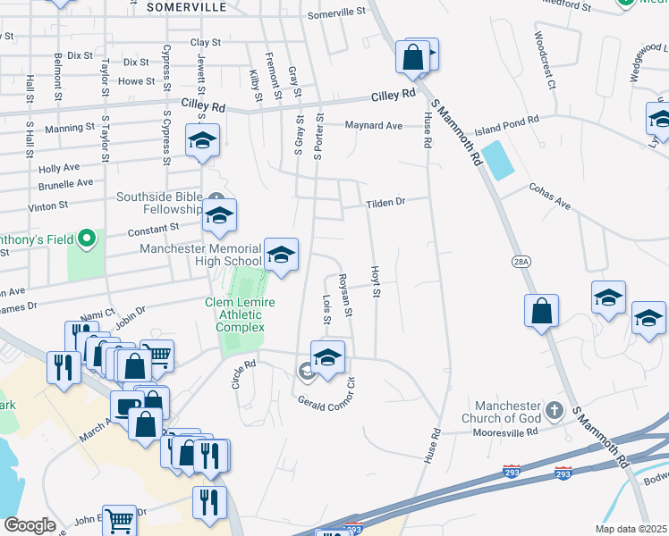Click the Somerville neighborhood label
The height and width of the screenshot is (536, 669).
coord(188,7)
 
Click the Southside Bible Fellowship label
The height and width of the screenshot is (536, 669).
coord(161,203)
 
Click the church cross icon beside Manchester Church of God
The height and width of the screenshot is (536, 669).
coord(555,411)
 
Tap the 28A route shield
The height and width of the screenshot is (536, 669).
coord(522,261)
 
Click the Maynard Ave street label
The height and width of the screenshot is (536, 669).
coord(375,126)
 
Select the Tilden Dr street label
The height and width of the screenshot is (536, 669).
coord(385,203)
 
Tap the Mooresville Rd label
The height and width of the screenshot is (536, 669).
coord(506,432)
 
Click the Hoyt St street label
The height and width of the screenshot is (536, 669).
coord(376,281)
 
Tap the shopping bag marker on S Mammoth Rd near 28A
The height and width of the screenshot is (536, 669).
coord(541,312)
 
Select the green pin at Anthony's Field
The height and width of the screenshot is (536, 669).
coord(87,239)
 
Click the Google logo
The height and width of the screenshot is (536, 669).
coord(30,525)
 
